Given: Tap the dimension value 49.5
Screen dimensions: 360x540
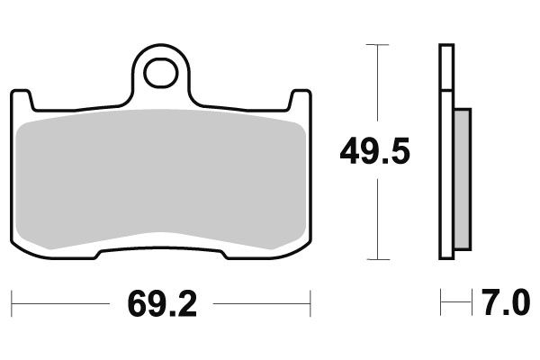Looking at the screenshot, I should pyautogui.click(x=374, y=152).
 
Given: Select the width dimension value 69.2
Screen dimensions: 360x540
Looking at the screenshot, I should pyautogui.click(x=162, y=304).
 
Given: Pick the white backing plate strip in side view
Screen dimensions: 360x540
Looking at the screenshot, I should pyautogui.click(x=445, y=153).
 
